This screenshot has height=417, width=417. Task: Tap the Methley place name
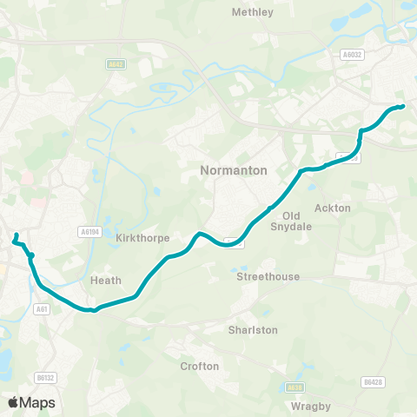click(253, 12)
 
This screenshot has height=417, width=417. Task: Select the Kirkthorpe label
click(141, 237)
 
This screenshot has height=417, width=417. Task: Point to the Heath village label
click(106, 281)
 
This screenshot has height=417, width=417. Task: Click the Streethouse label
click(268, 276)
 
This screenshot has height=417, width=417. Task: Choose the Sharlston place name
click(253, 330)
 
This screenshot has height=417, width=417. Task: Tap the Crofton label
click(199, 366)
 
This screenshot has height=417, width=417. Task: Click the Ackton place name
click(333, 208)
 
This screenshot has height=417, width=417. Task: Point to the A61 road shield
click(42, 308)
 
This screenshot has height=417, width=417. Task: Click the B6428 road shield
click(373, 381)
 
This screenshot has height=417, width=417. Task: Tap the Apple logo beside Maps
click(13, 402)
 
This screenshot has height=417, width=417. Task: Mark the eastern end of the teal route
click(403, 107)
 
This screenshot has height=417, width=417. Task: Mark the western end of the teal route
click(16, 235)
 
